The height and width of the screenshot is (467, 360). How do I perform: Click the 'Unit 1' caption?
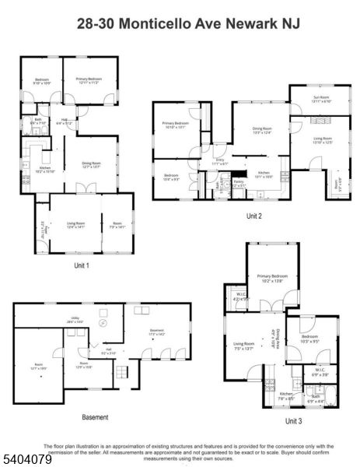point(82,265)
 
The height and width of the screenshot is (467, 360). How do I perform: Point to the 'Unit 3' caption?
point(294,420)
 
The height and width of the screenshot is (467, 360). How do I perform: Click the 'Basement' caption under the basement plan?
point(95,417)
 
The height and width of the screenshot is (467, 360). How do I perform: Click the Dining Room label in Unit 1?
point(93,163)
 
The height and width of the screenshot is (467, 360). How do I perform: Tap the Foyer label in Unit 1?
point(44,229)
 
